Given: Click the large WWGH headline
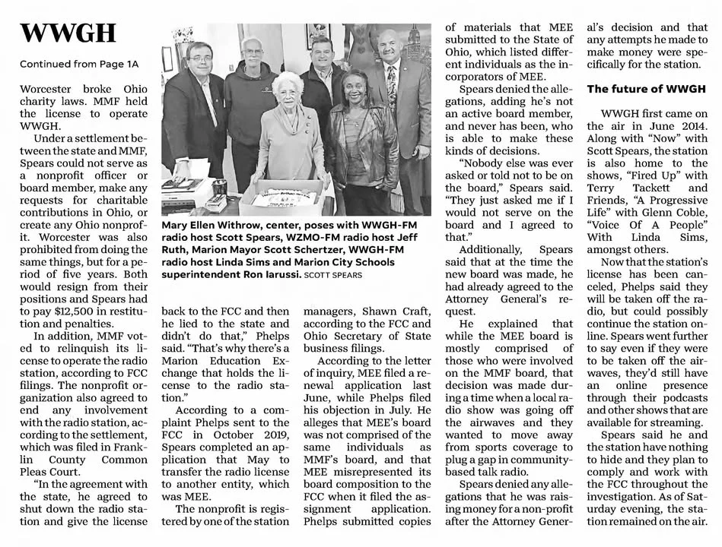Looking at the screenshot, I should pyautogui.click(x=68, y=33).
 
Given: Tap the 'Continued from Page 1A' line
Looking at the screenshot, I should pyautogui.click(x=80, y=63).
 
